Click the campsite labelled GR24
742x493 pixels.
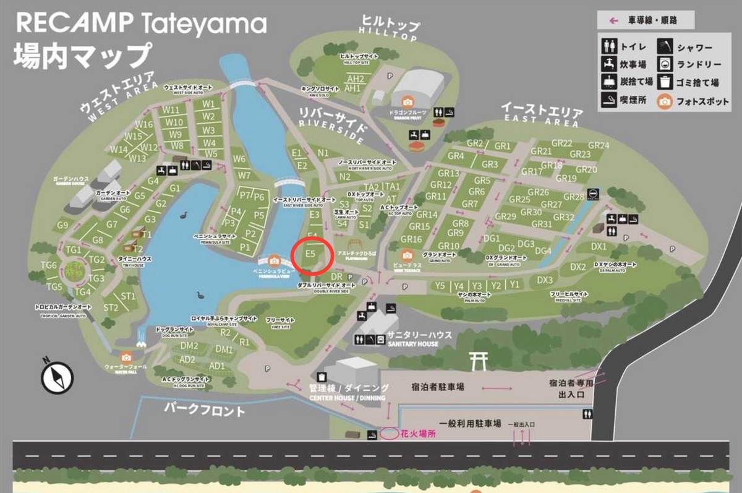(x=598, y=145)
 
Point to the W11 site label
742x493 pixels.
(x=171, y=109)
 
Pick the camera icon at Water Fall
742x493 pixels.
(x=127, y=356)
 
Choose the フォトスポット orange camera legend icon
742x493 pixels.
(x=665, y=101)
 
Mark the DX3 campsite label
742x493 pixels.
(x=545, y=280)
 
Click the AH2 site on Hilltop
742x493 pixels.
(x=356, y=79)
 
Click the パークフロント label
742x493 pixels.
(x=205, y=410)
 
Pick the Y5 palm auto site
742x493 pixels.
(x=440, y=285)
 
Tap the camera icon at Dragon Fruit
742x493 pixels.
(x=407, y=101)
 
